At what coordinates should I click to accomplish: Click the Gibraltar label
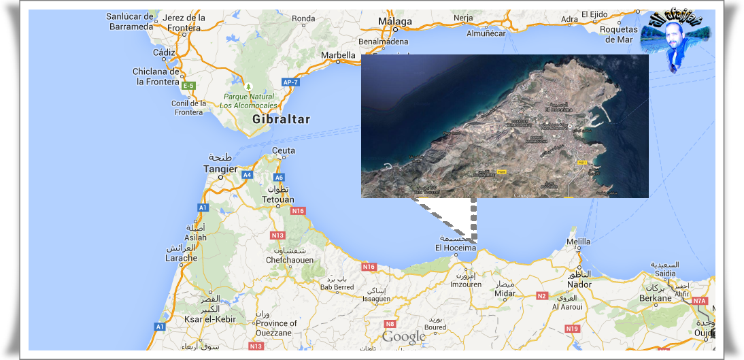tap(281, 119)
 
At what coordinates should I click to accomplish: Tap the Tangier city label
tap(220, 169)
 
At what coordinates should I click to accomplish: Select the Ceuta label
tap(283, 150)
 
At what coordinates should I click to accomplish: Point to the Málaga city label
tap(395, 22)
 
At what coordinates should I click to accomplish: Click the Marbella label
tap(338, 55)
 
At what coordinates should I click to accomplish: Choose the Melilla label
tap(579, 242)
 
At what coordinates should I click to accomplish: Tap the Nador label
tap(579, 284)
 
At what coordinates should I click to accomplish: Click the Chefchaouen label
tap(290, 260)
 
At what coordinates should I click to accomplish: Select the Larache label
tap(182, 258)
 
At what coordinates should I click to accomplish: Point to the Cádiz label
tap(164, 52)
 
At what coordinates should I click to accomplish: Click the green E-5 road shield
tap(188, 86)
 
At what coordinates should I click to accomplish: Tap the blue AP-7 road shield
tap(290, 82)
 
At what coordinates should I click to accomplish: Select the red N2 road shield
tap(542, 295)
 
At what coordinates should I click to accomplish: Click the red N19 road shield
tap(572, 329)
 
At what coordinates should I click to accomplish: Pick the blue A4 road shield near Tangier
tap(248, 175)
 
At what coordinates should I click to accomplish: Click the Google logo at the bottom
tap(403, 336)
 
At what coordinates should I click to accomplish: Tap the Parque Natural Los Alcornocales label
tap(248, 101)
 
